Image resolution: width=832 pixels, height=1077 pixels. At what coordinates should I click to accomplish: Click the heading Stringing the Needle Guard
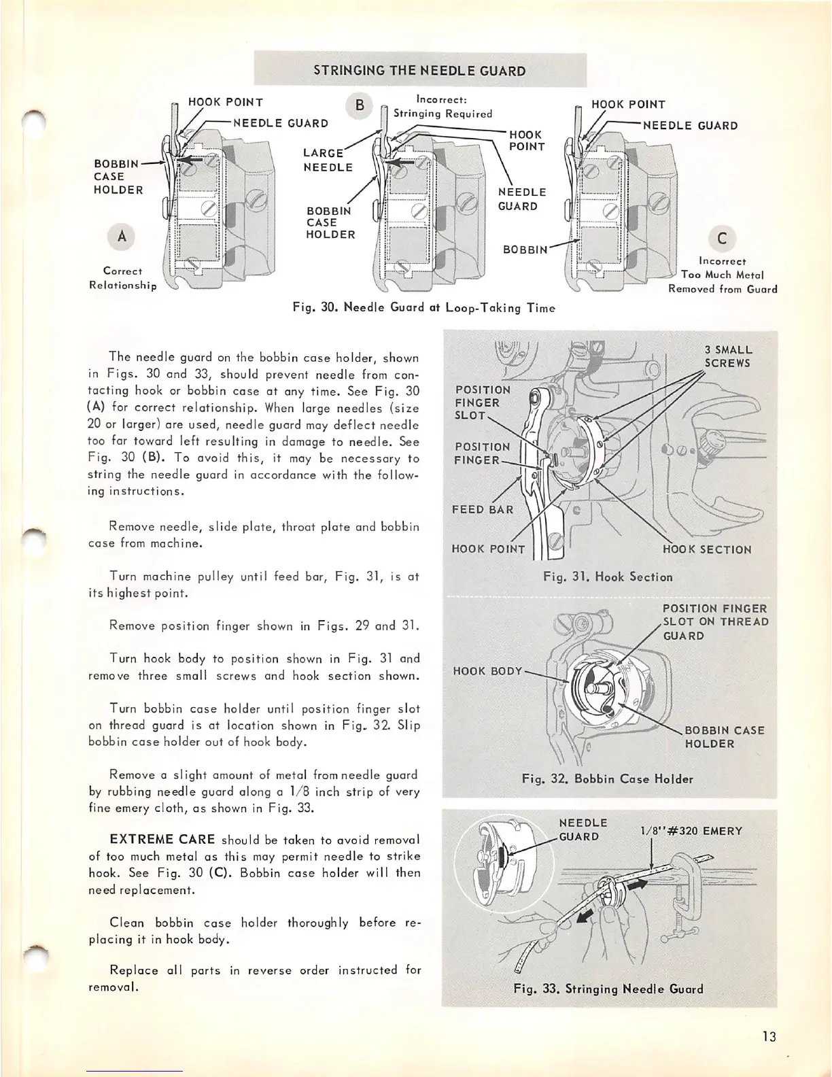(x=419, y=71)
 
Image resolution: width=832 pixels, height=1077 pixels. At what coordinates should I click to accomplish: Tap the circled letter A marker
(x=122, y=237)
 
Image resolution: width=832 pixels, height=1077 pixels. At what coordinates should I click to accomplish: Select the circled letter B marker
(x=360, y=105)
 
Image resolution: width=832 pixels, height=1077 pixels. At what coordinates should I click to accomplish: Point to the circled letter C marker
(x=721, y=238)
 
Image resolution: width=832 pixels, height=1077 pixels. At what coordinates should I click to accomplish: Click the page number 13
(x=769, y=1037)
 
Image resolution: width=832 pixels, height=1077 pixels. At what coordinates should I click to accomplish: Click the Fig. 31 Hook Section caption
(x=608, y=577)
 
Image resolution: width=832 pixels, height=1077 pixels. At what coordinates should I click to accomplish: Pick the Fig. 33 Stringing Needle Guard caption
(x=608, y=989)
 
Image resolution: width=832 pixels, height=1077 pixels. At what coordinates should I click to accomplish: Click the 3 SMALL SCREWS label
(x=728, y=356)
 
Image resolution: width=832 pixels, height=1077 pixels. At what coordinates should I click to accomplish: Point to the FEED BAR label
(x=483, y=509)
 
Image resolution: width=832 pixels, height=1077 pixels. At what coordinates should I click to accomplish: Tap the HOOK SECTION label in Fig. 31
(x=707, y=549)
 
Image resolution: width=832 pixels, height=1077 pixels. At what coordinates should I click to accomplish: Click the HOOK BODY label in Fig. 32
(x=487, y=670)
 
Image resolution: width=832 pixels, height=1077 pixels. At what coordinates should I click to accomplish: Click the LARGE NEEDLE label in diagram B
(x=328, y=160)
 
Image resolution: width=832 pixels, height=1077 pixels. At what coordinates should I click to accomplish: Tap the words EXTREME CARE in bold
(x=162, y=840)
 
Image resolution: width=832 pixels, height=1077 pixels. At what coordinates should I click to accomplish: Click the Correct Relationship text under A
(x=122, y=278)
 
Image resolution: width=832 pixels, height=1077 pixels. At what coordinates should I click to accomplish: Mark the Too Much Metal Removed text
(x=723, y=281)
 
